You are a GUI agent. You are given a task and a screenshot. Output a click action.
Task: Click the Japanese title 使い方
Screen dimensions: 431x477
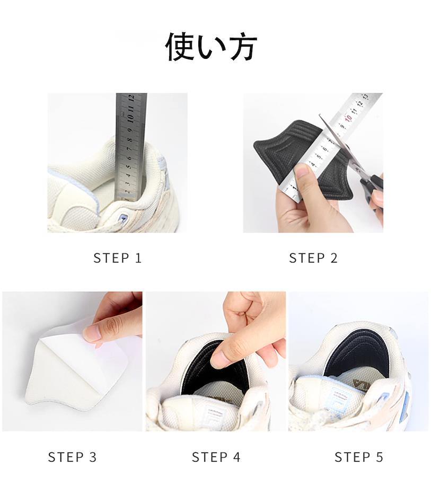click(211, 47)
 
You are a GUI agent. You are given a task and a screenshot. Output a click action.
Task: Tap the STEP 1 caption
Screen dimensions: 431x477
click(118, 258)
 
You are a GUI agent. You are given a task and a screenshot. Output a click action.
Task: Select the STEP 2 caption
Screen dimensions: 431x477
click(313, 258)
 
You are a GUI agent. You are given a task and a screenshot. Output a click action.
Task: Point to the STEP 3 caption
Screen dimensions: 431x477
click(72, 457)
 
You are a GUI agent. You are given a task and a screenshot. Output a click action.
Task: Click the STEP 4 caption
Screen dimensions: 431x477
click(216, 457)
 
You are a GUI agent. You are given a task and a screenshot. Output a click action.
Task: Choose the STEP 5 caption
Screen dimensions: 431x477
click(358, 457)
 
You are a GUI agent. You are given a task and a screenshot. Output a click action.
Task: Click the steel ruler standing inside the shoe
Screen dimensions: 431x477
click(131, 147)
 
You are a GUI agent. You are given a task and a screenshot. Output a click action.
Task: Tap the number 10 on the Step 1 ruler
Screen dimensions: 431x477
click(131, 118)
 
